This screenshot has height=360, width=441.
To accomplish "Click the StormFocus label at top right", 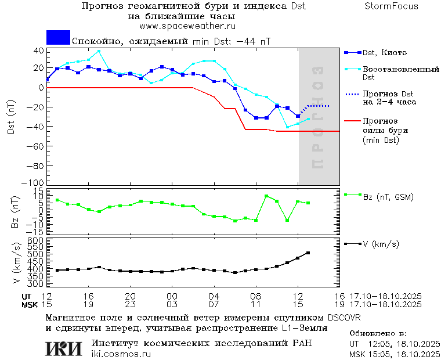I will (x=391, y=6).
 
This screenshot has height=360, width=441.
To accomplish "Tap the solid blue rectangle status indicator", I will (x=58, y=38).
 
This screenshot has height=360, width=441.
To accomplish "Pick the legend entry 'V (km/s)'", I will (x=381, y=244).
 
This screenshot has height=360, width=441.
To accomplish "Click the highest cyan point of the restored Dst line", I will (x=99, y=51).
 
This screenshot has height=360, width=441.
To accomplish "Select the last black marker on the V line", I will (x=308, y=253).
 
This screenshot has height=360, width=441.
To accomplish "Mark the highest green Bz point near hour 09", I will (x=266, y=196).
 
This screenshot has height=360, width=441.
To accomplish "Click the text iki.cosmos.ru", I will (x=121, y=354).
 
